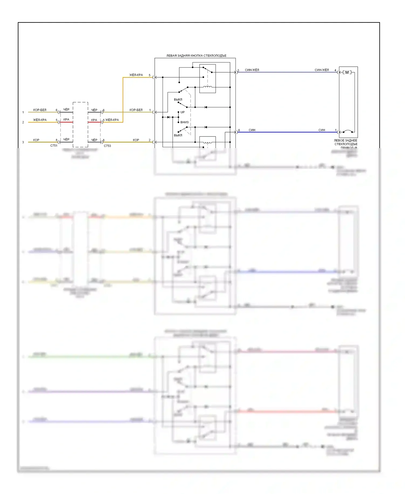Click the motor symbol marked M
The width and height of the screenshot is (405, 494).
click(x=347, y=72)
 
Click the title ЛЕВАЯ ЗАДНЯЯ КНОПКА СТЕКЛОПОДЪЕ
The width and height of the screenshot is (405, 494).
click(x=196, y=56)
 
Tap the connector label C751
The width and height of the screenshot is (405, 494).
click(x=54, y=146)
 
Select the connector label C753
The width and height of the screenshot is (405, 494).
click(x=107, y=146)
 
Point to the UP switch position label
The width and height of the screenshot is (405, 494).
click(x=183, y=112)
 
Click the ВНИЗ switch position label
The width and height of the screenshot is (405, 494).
click(x=184, y=122)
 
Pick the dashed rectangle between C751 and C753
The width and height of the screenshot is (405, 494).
click(x=80, y=125)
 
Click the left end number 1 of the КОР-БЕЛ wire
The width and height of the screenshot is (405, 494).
click(x=23, y=112)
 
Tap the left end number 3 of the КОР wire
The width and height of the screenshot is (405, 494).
click(x=23, y=142)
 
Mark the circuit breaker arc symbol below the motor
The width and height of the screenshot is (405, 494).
click(x=348, y=132)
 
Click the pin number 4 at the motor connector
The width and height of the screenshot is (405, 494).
click(x=335, y=70)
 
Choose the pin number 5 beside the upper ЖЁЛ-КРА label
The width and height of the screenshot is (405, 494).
click(x=150, y=75)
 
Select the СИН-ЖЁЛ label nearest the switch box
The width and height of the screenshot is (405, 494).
click(x=252, y=70)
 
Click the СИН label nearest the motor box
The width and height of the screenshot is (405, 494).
click(x=322, y=130)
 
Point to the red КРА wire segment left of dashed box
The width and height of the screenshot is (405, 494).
click(x=66, y=122)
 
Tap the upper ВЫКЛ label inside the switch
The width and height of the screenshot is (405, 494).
click(x=178, y=99)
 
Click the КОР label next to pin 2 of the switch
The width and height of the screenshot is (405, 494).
click(x=136, y=140)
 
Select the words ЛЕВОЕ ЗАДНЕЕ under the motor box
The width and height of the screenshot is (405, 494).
click(x=345, y=141)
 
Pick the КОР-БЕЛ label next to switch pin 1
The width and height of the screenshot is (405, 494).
click(x=136, y=110)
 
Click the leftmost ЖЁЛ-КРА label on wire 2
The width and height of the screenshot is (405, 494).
click(x=40, y=120)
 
